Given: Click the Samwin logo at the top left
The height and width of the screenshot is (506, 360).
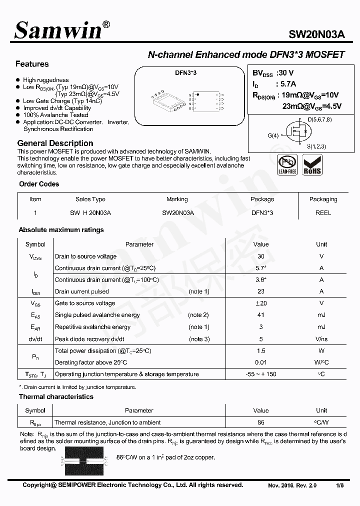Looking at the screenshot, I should coord(59,31).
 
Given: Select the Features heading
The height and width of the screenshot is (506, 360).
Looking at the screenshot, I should coord(32,64).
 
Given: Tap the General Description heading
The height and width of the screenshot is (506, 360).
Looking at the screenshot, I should coord(55,143).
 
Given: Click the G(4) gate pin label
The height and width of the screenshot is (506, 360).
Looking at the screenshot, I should coord(273,135).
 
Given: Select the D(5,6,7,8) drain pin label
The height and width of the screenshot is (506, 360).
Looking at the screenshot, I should coord(319,119).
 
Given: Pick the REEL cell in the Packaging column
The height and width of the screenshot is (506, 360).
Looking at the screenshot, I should coord(323,213).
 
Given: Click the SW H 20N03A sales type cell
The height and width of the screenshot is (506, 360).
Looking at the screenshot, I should coord(90,213).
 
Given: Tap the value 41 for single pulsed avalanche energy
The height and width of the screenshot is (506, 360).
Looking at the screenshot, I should coord(261,315).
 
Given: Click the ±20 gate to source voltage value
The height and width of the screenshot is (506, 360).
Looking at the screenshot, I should coord(261,303).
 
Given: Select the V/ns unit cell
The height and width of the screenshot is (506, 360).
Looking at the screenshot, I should coord(321,339).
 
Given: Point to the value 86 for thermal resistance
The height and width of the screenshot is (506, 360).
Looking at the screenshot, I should coord(261,423).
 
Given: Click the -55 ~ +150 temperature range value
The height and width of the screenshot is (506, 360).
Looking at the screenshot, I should coord(261,374).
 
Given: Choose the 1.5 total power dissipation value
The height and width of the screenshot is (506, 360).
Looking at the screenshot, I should coord(261,351).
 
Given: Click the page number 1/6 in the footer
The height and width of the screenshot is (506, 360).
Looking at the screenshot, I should coord(339,485).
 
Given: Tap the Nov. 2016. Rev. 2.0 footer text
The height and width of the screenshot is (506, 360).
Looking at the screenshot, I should coord(292,485).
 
